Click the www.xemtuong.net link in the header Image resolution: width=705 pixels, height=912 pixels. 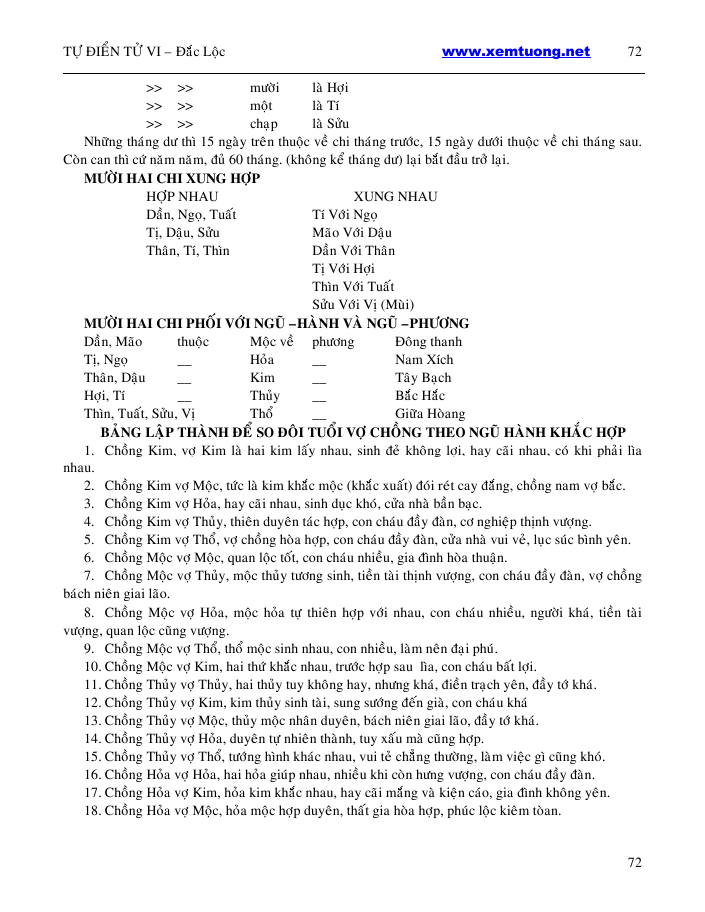pyautogui.click(x=515, y=52)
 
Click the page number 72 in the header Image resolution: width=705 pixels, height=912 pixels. pyautogui.click(x=634, y=52)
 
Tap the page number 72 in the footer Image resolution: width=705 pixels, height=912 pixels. pyautogui.click(x=634, y=862)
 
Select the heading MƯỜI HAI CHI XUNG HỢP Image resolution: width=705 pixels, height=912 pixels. pyautogui.click(x=172, y=178)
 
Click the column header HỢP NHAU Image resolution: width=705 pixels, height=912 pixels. pyautogui.click(x=182, y=196)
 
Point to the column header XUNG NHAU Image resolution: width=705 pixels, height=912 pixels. pyautogui.click(x=395, y=196)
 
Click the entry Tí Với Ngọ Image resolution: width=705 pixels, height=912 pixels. pyautogui.click(x=345, y=214)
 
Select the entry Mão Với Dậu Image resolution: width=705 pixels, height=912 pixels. pyautogui.click(x=352, y=232)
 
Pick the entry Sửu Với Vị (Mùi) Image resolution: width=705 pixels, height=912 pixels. pyautogui.click(x=364, y=304)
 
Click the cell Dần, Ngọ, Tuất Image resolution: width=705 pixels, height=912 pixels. pyautogui.click(x=191, y=214)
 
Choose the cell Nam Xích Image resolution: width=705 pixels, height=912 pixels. pyautogui.click(x=424, y=359)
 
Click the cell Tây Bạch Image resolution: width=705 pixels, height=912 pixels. pyautogui.click(x=423, y=377)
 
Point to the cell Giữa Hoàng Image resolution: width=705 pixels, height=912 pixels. pyautogui.click(x=430, y=413)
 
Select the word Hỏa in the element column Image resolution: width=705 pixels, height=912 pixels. pyautogui.click(x=262, y=359)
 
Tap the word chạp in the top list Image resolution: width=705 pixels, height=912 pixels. pyautogui.click(x=264, y=123)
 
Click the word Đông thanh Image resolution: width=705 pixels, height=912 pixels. pyautogui.click(x=429, y=341)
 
